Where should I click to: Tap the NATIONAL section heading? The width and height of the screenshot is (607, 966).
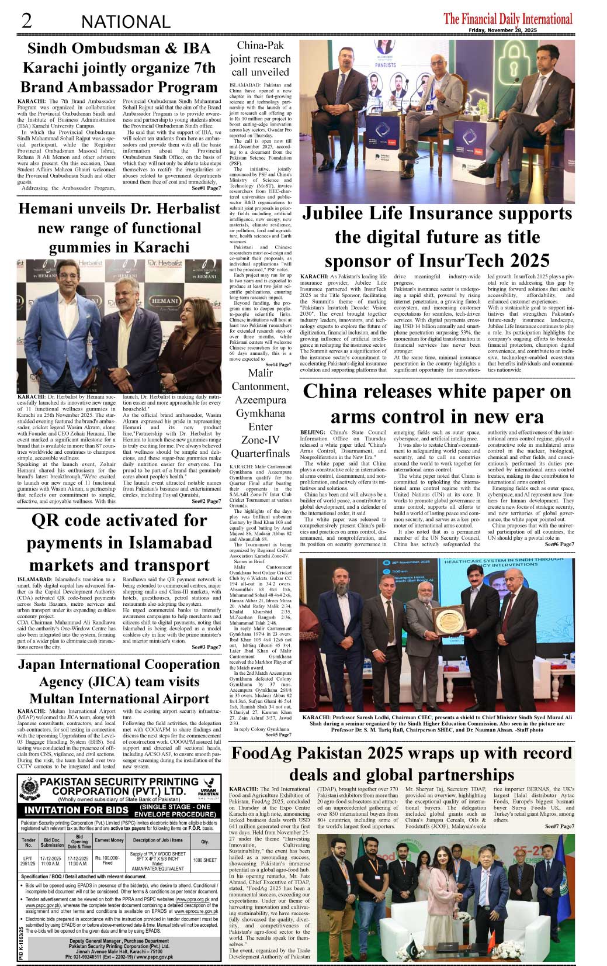coord(126,22)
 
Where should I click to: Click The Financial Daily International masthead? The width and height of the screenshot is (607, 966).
coord(508,19)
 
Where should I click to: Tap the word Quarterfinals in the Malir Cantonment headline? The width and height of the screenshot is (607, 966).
coord(260,454)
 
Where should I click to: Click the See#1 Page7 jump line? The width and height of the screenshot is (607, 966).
coord(206,188)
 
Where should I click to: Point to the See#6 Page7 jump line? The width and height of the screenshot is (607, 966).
coord(559,544)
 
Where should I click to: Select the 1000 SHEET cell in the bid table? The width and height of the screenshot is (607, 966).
coord(204,860)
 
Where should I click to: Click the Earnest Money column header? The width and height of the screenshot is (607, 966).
coord(109,840)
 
